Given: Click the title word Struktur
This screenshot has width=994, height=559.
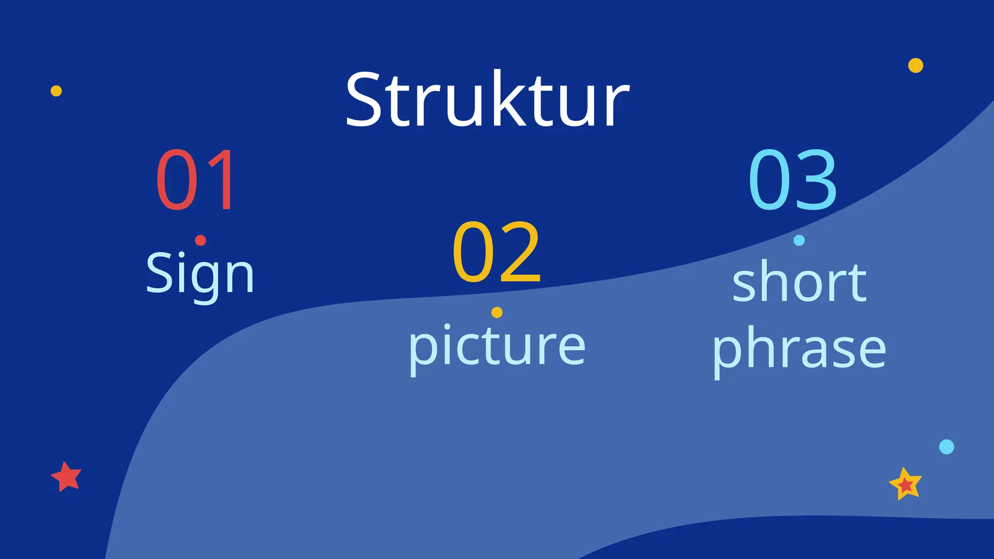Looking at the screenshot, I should tap(487, 100).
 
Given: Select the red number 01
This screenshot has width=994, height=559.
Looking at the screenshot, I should tap(196, 180).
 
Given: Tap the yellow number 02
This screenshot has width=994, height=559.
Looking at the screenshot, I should tap(496, 251).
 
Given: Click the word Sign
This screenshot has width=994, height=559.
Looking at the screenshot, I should tap(200, 274).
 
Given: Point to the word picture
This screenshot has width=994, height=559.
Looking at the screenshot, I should tap(497, 345).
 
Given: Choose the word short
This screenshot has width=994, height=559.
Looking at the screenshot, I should tap(799, 282).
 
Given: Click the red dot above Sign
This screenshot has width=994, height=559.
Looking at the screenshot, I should tap(200, 240).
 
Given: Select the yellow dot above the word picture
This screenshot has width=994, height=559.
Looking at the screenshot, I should tap(497, 312).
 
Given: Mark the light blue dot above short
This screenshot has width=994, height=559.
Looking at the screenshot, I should tap(799, 240).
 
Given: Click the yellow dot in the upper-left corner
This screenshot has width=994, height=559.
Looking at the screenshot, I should tap(56, 91).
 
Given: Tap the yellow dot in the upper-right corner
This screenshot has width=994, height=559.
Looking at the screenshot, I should tap(915, 65).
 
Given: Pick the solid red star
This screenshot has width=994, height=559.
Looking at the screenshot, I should tap(66, 477).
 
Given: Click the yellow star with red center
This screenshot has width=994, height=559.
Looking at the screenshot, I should tap(905, 484).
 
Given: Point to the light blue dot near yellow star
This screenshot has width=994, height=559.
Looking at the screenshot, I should tap(946, 446).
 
